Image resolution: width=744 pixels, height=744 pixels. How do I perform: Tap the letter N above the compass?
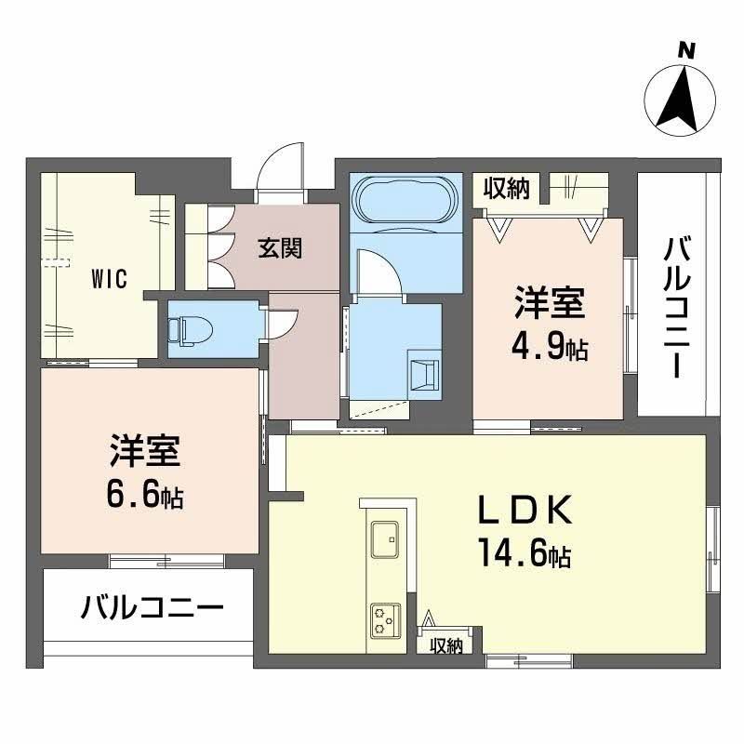pos(686,50)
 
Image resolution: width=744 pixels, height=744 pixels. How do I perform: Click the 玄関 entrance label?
pos(280,249)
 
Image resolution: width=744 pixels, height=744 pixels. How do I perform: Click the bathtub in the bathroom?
pos(405,199)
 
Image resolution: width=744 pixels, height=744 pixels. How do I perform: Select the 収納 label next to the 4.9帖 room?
pos(506,189)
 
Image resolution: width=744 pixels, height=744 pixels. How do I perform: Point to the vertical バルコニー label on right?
pos(676,307)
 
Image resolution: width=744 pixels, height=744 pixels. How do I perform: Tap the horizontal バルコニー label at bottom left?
pos(152,609)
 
